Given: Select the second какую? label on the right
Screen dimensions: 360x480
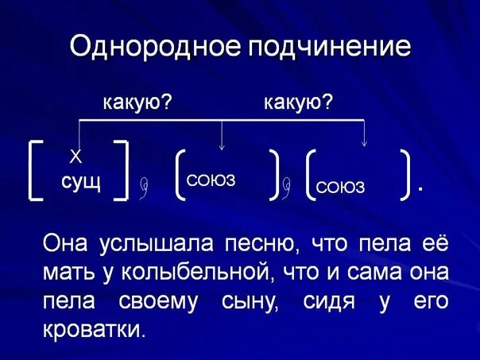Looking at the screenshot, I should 298,103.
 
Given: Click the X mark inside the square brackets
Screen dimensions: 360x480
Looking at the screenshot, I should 76,156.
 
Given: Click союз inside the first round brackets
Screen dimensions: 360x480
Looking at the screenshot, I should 211,181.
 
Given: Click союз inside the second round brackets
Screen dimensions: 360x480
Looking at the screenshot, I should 340,187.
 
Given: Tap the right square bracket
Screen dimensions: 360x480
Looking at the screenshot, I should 122,168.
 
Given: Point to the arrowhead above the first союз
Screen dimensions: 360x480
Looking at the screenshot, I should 222,145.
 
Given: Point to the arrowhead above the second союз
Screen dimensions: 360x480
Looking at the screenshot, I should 364,143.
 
